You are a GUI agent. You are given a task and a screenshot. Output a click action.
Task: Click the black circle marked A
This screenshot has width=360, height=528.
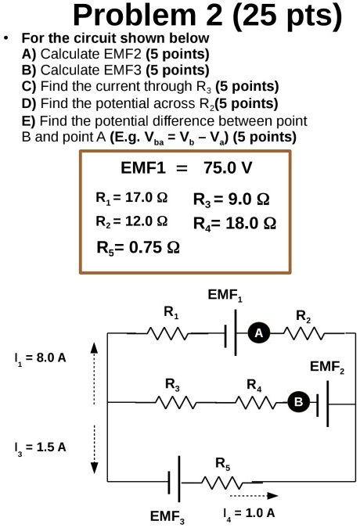tap(258, 333)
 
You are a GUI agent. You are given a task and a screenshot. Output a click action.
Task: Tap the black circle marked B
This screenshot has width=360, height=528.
tap(298, 402)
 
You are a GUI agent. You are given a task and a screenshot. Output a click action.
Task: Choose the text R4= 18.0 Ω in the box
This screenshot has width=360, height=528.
tap(234, 223)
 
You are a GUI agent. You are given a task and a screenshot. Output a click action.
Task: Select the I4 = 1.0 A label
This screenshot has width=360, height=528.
tap(250, 513)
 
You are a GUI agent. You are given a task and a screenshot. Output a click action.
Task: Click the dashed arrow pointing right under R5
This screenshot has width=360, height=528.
tap(253, 495)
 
